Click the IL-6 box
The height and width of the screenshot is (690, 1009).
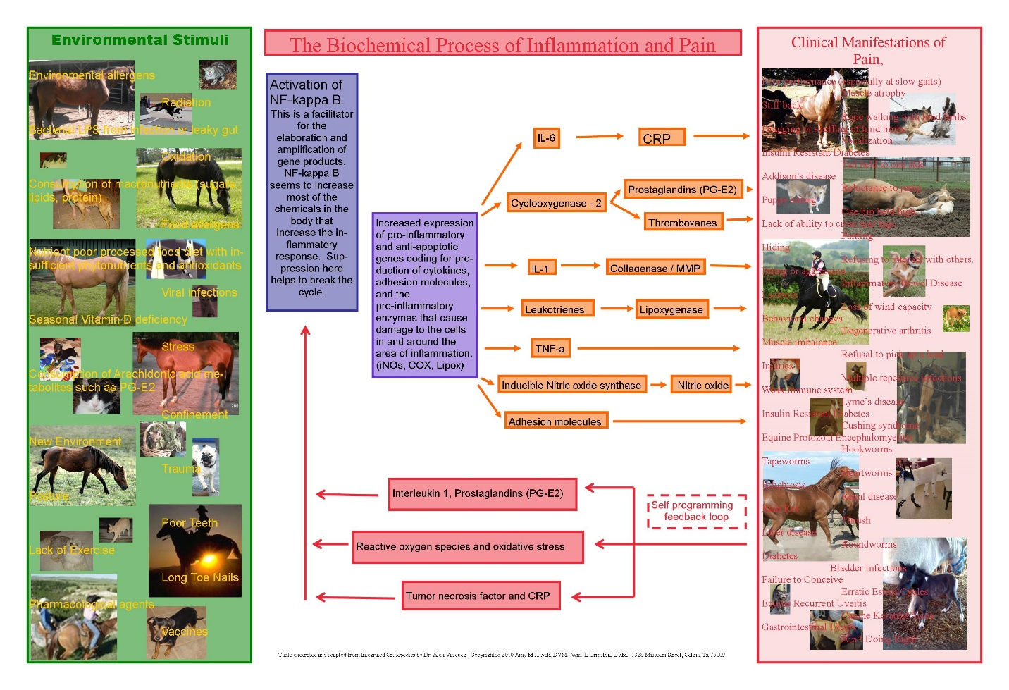point(546,138)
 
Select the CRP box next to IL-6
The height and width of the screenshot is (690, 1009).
point(662,137)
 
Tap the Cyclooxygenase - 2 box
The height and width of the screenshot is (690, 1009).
point(556,203)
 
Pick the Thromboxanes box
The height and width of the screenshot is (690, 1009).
point(682,223)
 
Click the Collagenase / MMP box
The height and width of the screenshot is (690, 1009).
point(655,267)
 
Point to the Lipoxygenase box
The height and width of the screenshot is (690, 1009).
point(671,309)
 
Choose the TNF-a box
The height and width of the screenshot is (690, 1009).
point(550,348)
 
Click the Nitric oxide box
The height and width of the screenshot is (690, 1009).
point(702,385)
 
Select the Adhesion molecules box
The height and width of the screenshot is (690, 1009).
point(555,421)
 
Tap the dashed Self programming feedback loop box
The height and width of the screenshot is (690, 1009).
point(696,511)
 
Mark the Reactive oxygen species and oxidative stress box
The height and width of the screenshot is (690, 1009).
point(468,547)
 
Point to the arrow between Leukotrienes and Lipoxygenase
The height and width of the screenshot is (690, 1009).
point(616,309)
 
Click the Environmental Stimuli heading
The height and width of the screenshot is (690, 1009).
point(140,40)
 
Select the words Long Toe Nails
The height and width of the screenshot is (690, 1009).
point(200,578)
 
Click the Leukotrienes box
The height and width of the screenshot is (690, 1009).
point(555,309)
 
